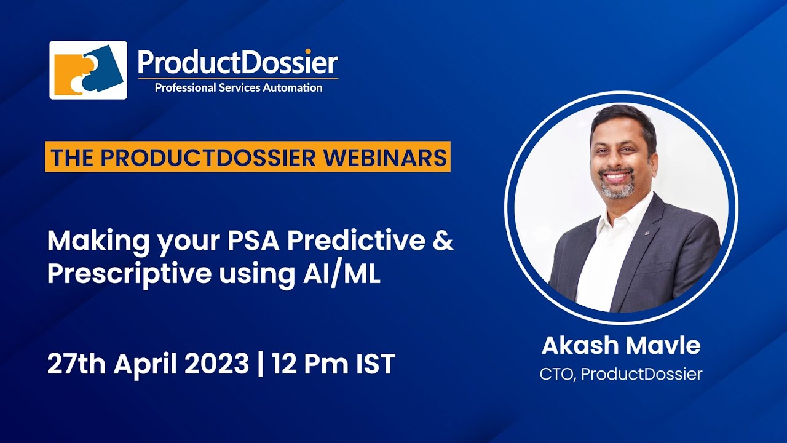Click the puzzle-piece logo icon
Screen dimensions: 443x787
88,70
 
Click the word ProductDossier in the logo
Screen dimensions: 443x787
237,63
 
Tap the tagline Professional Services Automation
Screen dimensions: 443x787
238,88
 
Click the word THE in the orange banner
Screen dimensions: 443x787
73,158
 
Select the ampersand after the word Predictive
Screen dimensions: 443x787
443,241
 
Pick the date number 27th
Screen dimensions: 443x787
77,365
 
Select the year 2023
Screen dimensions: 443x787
215,365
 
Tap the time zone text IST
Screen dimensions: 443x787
374,365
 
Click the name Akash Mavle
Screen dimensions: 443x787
621,346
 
